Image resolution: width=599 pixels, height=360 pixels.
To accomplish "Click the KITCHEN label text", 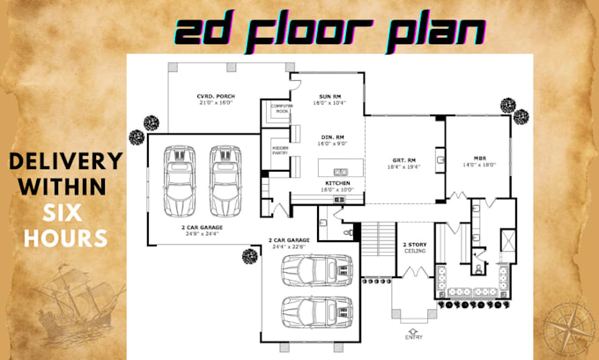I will click(x=337, y=182).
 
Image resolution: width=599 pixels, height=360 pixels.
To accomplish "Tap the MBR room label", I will click(x=479, y=159).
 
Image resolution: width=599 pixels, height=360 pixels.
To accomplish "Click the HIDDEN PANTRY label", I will click(x=280, y=150).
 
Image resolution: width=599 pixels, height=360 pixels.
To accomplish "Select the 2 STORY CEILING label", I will click(x=415, y=247).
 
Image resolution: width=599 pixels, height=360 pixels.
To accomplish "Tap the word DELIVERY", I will click(x=65, y=162).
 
